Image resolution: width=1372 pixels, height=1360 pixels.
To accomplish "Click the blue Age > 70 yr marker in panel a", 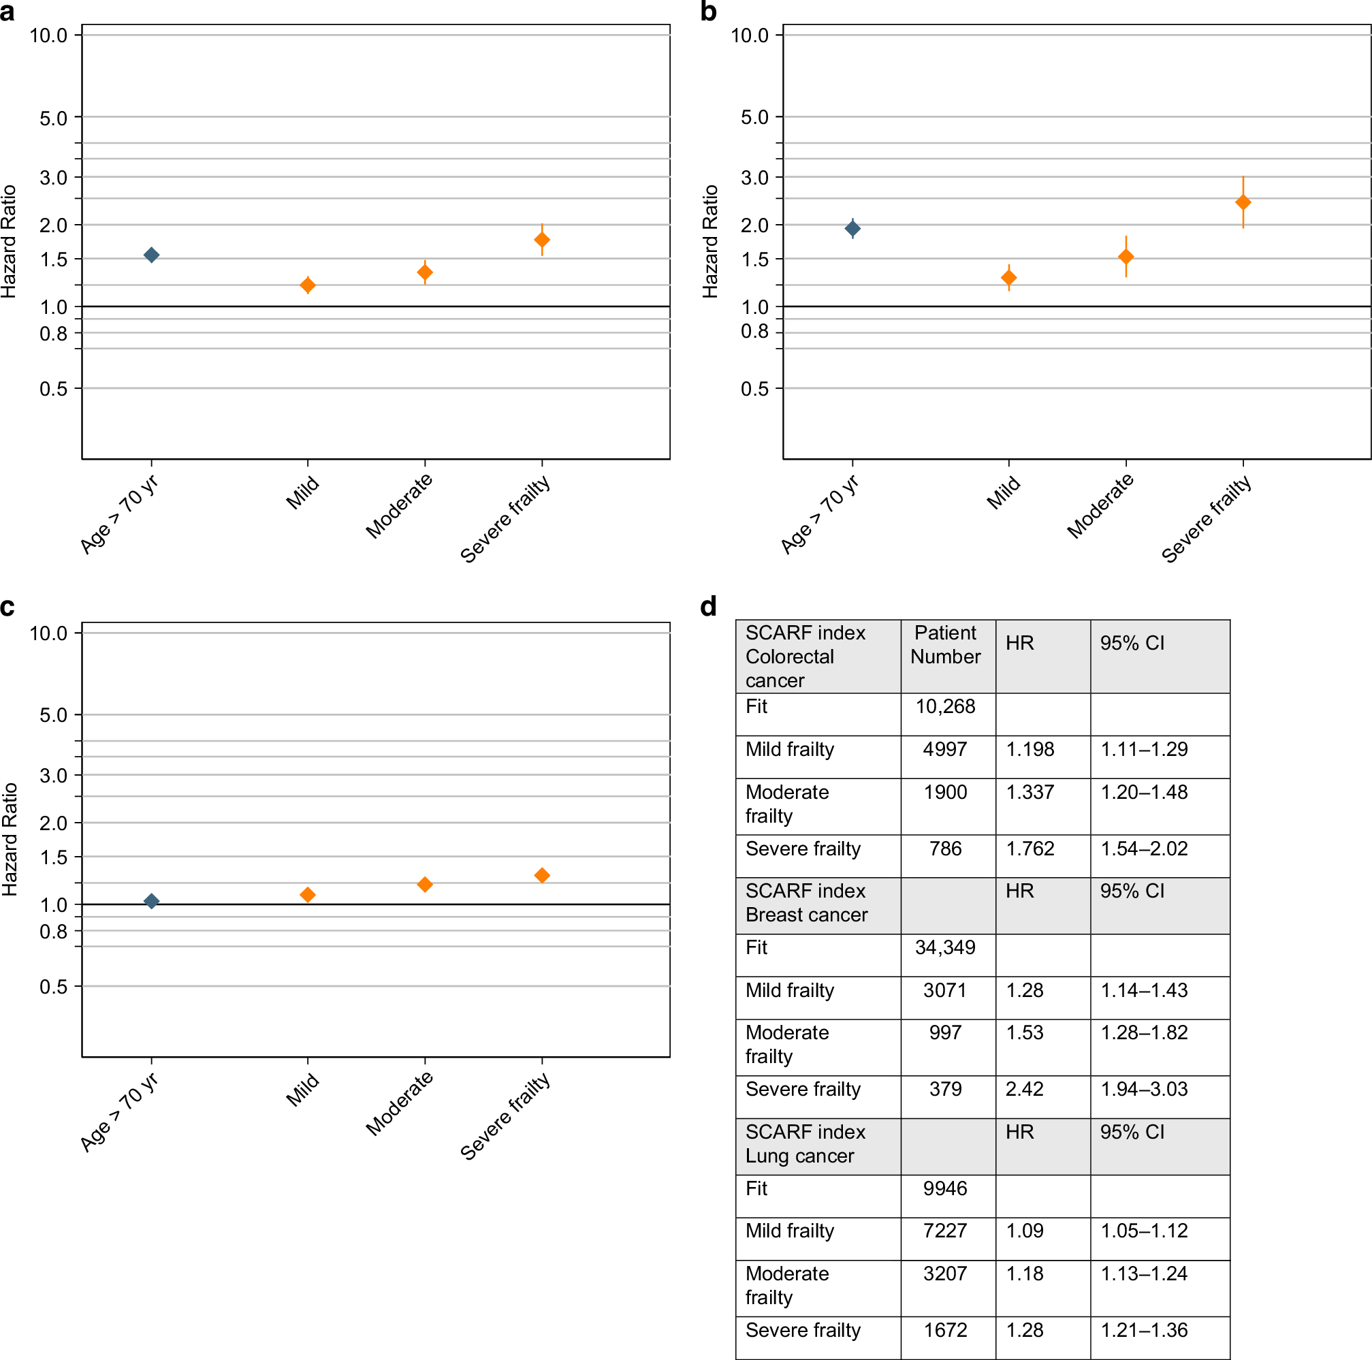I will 151,255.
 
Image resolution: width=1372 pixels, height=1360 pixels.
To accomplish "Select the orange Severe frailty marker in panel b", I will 1243,202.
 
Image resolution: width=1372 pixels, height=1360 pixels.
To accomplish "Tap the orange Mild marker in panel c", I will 308,895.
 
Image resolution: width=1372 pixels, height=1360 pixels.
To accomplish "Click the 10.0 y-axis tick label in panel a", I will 48,35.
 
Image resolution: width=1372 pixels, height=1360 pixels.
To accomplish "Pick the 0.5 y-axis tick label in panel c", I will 53,986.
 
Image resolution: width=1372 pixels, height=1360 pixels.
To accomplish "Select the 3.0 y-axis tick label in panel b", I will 754,178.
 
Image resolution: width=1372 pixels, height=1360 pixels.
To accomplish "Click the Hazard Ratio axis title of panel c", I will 10,840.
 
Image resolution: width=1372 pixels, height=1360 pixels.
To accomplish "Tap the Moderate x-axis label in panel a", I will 399,505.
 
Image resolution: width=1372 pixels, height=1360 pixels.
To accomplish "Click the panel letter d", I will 708,607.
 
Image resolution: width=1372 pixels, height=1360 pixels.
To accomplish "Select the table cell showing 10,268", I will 944,706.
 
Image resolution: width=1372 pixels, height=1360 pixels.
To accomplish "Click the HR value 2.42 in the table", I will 1024,1089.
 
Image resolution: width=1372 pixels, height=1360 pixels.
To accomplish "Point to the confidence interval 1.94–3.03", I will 1143,1089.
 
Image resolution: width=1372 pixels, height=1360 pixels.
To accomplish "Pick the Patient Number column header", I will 945,644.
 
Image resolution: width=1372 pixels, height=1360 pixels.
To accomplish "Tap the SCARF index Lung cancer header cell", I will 805,1143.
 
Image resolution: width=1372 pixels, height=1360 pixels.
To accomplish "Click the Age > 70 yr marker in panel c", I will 151,901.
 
